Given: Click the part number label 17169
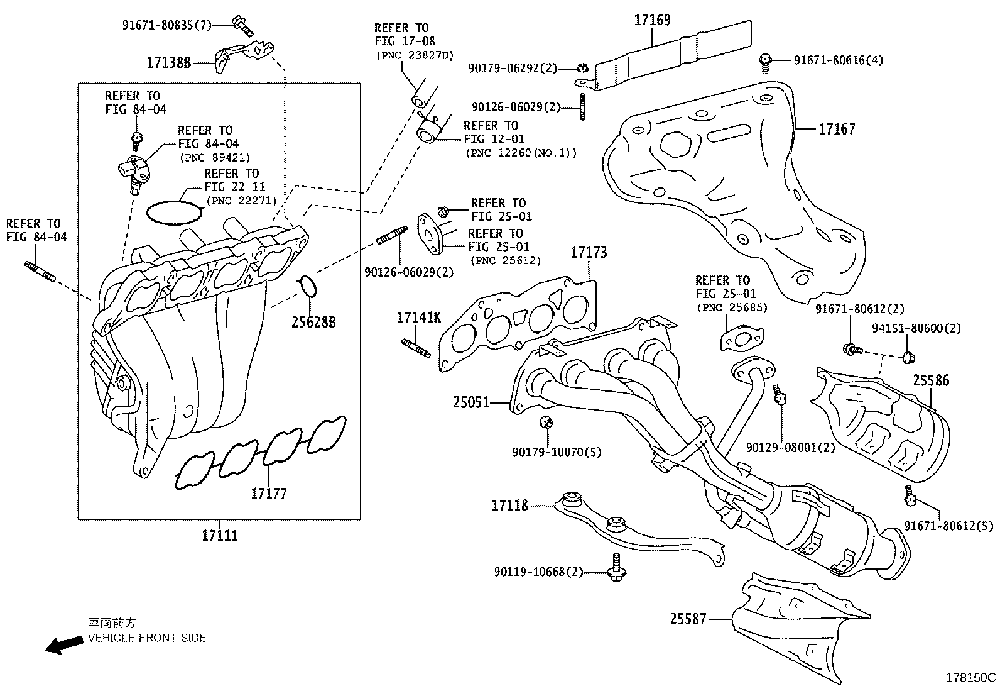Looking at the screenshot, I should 652,20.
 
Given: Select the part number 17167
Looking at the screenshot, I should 837,130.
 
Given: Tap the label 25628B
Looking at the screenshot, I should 313,322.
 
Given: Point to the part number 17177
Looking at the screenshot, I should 268,494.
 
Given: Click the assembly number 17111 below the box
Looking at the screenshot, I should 220,536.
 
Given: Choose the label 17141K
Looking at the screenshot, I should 418,318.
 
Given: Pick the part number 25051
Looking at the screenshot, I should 471,401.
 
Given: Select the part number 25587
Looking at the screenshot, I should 688,619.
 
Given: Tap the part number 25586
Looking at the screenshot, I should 931,380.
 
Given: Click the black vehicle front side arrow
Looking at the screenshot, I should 64,644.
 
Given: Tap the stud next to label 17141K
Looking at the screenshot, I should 415,347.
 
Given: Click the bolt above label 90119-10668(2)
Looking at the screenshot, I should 615,565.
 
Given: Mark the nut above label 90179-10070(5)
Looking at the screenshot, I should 545,422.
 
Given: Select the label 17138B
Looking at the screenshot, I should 168,62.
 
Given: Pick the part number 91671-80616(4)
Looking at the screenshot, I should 838,60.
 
